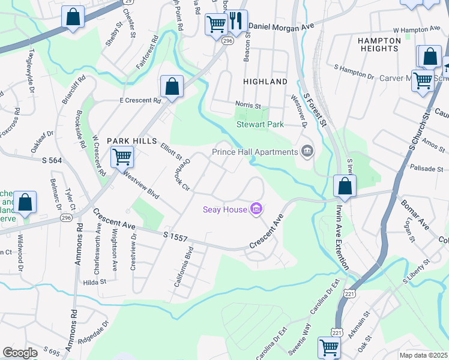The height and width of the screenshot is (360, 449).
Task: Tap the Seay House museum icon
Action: tap(256, 209)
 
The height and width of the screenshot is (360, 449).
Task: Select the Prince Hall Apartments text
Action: tap(255, 152)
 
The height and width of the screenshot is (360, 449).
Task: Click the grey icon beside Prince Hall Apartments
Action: tap(307, 150)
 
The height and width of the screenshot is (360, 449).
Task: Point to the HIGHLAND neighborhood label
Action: tap(265, 81)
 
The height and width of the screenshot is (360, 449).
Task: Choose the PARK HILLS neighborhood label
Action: tap(127, 140)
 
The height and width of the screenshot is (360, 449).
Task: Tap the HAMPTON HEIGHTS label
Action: tap(387, 44)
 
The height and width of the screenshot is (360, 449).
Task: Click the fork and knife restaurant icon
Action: tap(237, 23)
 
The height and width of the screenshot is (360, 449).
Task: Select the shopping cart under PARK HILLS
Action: tap(122, 157)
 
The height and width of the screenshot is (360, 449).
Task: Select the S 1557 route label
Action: tap(176, 238)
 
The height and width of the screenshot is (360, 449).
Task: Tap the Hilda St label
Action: tap(95, 281)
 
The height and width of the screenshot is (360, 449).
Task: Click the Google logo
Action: tap(20, 353)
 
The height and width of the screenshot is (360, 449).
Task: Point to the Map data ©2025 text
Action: tap(423, 355)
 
